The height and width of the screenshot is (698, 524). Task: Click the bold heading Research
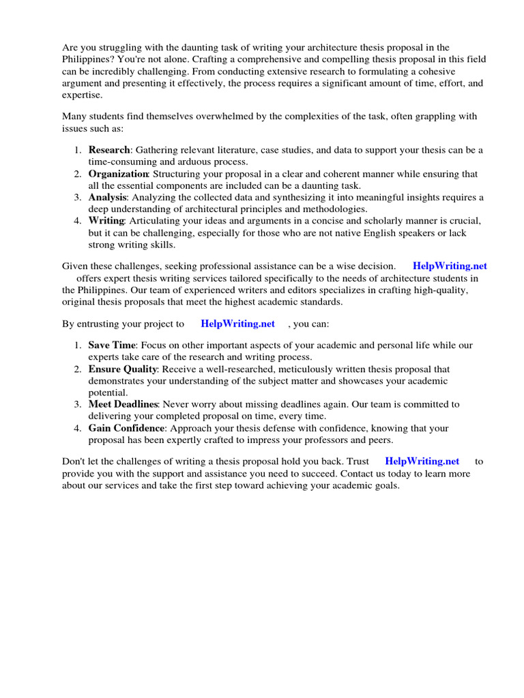pyautogui.click(x=108, y=150)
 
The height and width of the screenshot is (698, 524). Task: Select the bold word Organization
pyautogui.click(x=119, y=174)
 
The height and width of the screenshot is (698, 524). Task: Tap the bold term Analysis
pyautogui.click(x=107, y=198)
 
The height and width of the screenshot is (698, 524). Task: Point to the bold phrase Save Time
pyautogui.click(x=112, y=346)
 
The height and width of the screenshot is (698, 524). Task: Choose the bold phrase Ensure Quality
pyautogui.click(x=122, y=369)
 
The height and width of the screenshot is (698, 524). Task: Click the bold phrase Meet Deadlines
pyautogui.click(x=123, y=404)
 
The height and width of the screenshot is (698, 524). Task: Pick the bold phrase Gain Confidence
pyautogui.click(x=126, y=428)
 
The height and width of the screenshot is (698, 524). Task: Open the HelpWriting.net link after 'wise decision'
pyautogui.click(x=450, y=266)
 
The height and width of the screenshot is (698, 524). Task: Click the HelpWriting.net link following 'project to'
pyautogui.click(x=237, y=324)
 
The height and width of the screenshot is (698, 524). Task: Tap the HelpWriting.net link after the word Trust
pyautogui.click(x=422, y=461)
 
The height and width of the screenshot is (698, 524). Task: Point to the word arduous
pyautogui.click(x=203, y=162)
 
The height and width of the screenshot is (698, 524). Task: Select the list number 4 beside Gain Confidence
pyautogui.click(x=78, y=428)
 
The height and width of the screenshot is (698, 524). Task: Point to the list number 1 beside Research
pyautogui.click(x=78, y=150)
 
